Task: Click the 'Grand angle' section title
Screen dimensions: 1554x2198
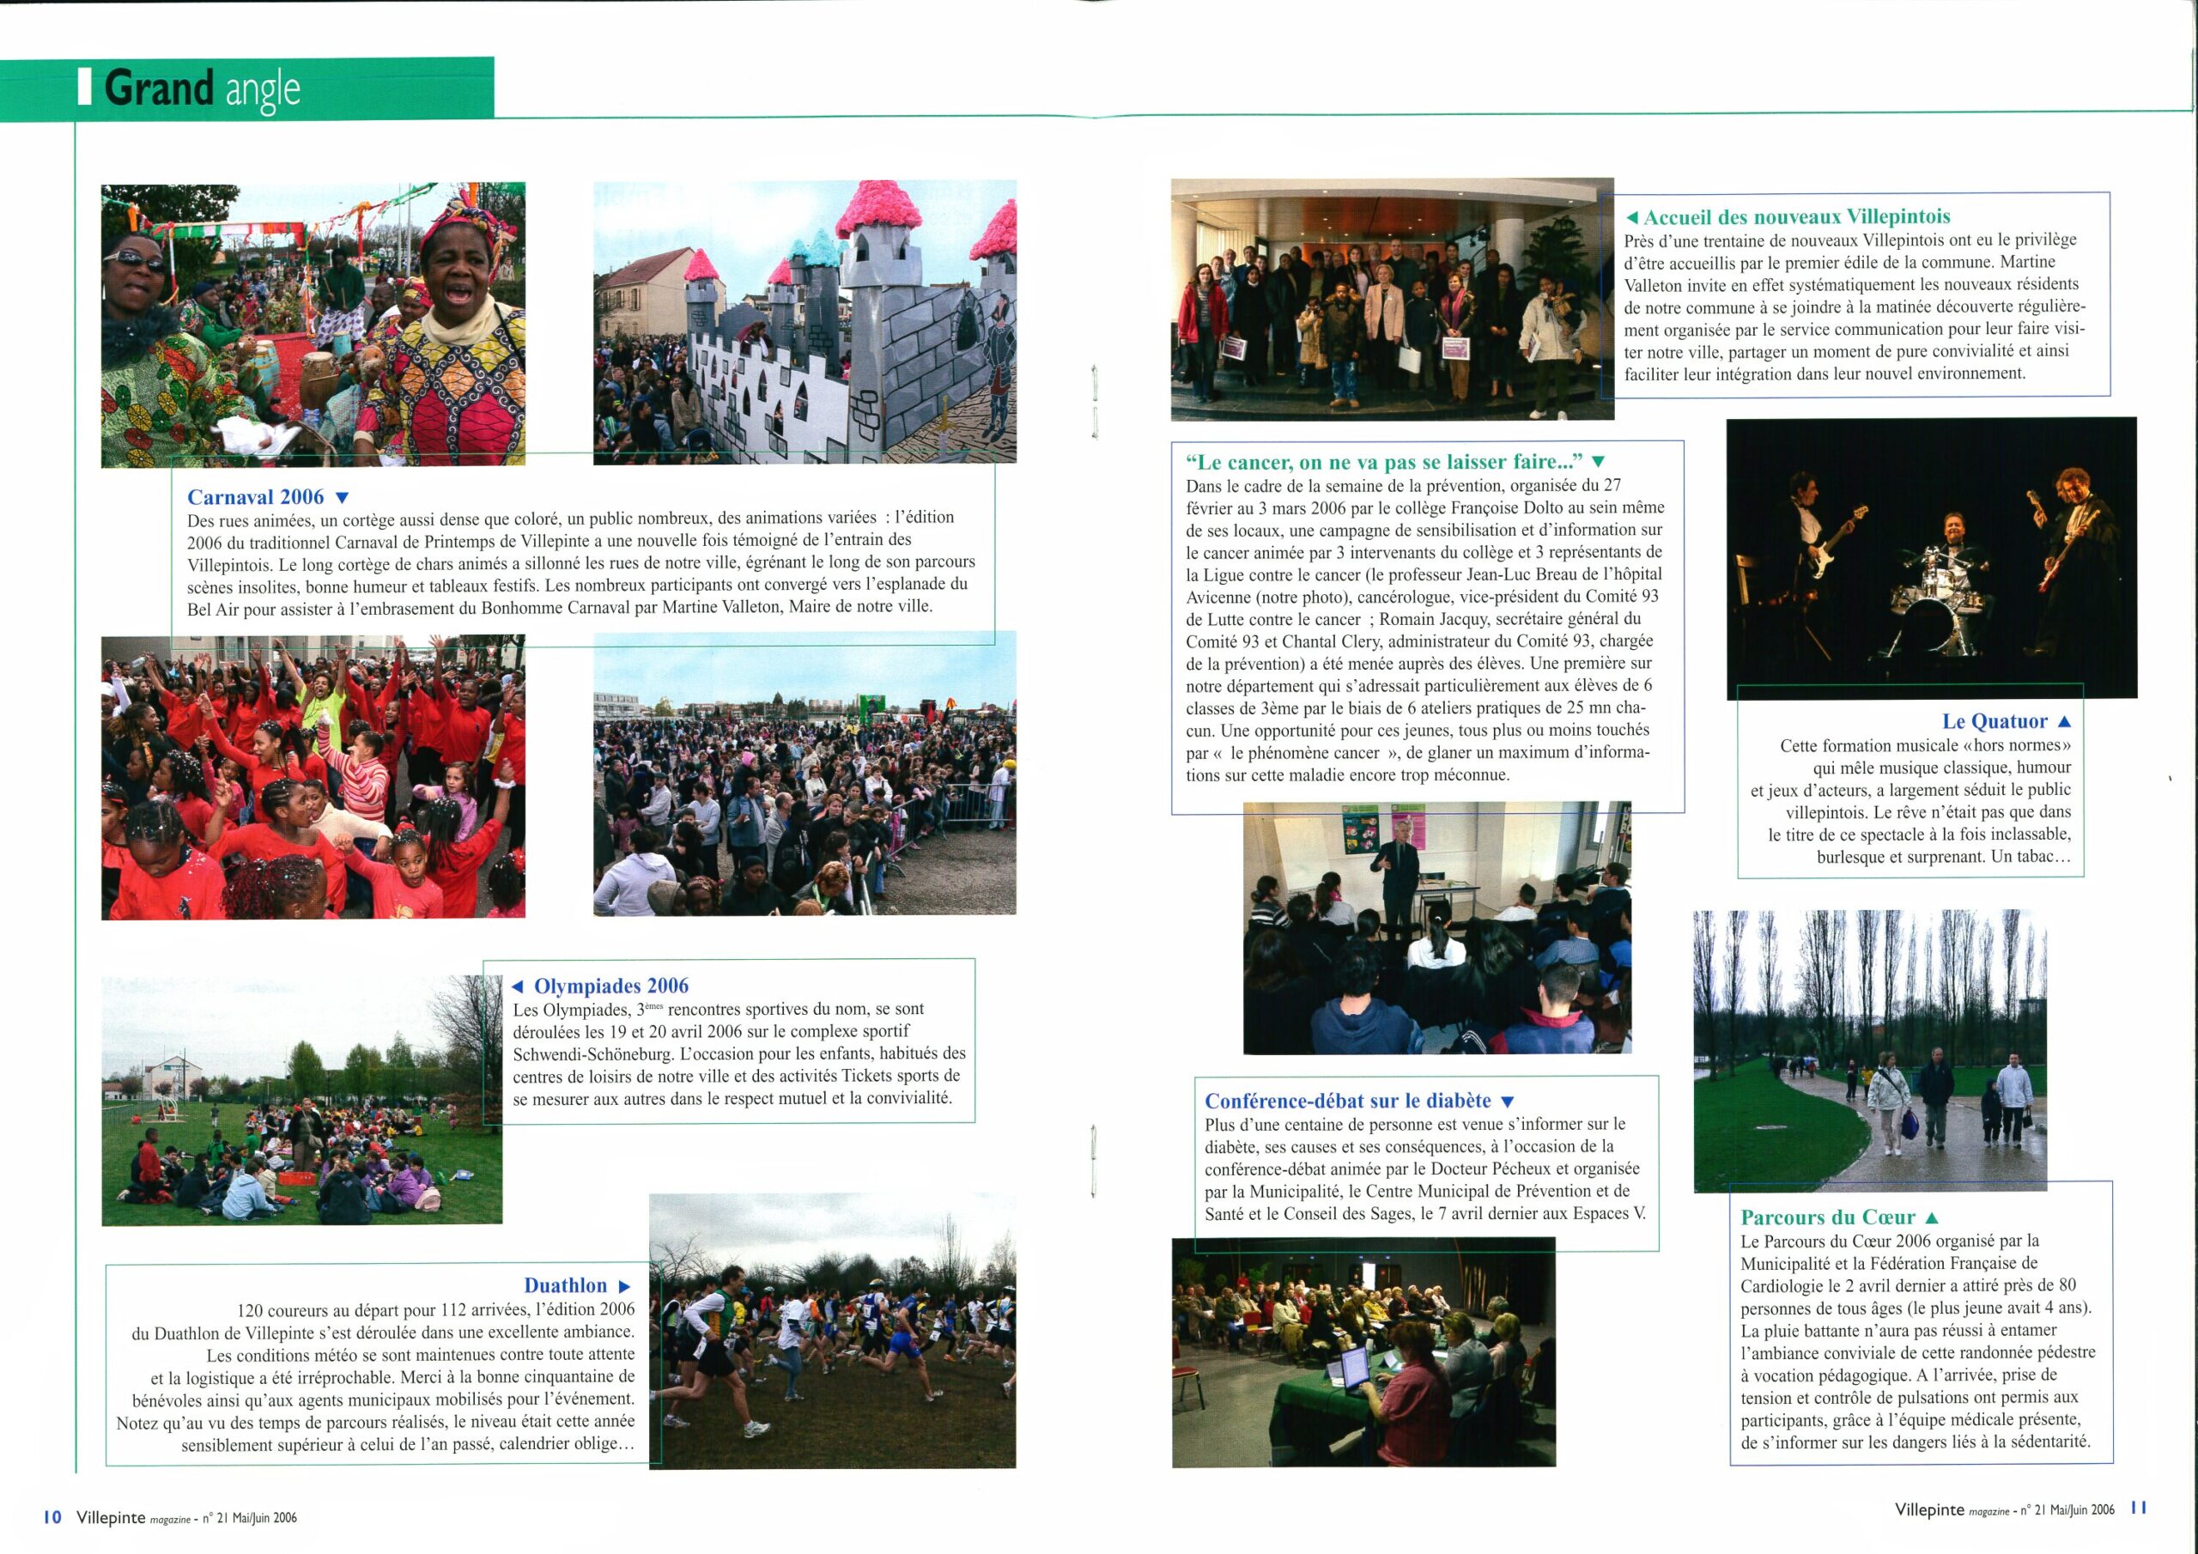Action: click(201, 89)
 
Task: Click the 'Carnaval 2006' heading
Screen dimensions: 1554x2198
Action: click(256, 497)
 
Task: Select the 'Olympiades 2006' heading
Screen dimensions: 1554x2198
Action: click(610, 986)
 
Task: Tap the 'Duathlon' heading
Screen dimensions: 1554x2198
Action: click(565, 1286)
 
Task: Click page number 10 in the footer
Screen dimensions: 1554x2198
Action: click(52, 1517)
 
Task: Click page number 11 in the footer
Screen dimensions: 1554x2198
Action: click(2140, 1507)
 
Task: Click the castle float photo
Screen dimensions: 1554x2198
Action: click(805, 322)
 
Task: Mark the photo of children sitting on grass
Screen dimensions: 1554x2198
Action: click(301, 1102)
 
